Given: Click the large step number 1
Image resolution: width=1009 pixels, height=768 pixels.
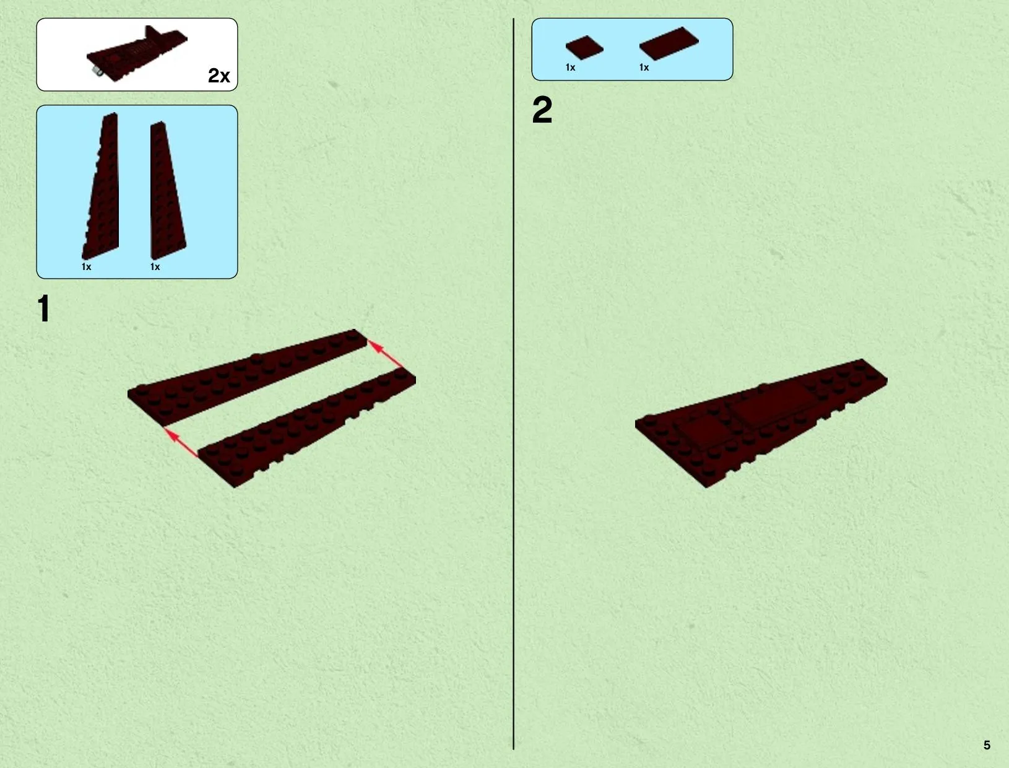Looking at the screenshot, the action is coord(44,308).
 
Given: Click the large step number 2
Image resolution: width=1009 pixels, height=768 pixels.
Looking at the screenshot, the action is coord(542,110).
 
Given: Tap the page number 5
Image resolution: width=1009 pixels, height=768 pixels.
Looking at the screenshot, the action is coord(987,745).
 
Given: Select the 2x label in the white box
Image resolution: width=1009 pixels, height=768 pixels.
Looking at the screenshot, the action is coord(219,76).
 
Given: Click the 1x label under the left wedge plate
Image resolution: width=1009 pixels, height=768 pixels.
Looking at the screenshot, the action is coord(87,267).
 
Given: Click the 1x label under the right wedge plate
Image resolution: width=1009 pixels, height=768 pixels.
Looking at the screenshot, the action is coord(155,267).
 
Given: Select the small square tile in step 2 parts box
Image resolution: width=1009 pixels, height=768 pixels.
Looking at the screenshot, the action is coord(584,47).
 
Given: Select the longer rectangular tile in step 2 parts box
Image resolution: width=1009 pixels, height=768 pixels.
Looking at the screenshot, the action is coord(669,43).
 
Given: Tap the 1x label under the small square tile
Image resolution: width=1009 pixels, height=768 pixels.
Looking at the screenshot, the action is coord(571,68).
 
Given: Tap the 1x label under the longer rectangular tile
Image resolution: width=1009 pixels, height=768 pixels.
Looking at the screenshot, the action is coord(644,68).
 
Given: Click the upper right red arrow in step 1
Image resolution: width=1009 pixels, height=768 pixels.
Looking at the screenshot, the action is coord(386,354).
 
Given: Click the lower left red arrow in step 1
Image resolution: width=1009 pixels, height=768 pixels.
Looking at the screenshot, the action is coord(181,442).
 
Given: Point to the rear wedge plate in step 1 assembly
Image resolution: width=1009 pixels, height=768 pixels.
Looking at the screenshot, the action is coord(248,377).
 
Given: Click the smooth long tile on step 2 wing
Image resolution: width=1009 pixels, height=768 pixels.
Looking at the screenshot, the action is coord(771,403).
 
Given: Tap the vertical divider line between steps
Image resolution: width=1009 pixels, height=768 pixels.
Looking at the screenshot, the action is coord(513,384).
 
